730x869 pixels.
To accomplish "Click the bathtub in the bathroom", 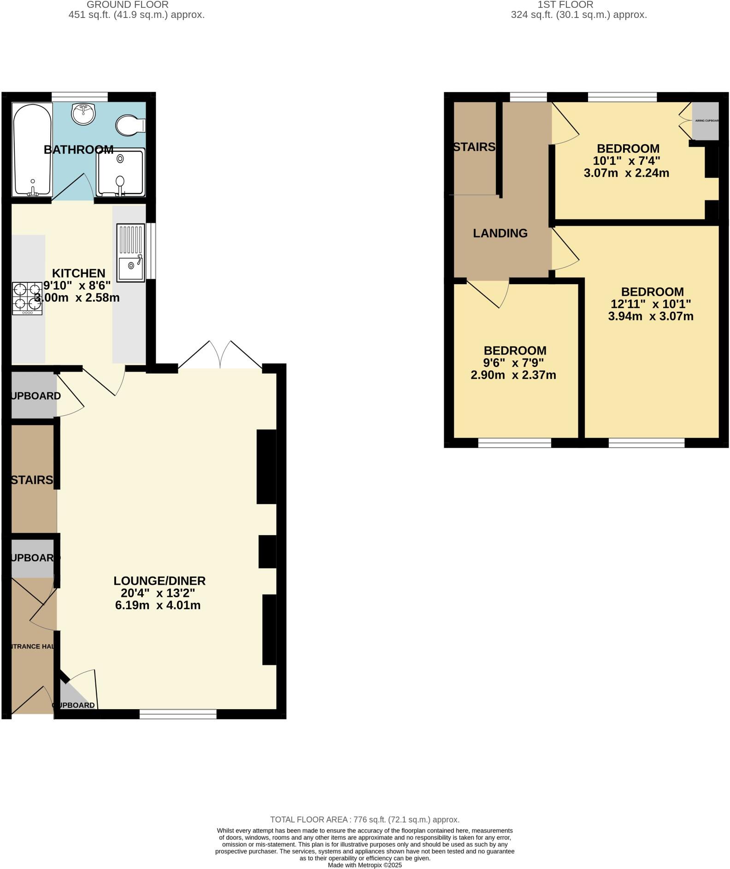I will point(32,150).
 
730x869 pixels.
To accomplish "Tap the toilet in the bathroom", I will point(130,125).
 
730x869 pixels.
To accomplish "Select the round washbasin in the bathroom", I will point(83,113).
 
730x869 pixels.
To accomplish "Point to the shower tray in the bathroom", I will point(120,172).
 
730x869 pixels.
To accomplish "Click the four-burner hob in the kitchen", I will point(27,298).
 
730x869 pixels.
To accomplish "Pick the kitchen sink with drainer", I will point(130,252).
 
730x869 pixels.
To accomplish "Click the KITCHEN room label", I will point(78,273).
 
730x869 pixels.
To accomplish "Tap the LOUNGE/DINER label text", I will point(159,581).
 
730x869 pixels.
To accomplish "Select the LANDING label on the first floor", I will point(500,233).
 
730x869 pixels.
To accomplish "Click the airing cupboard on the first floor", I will point(706,121).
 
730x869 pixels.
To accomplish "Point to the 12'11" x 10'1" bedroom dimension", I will point(651,304).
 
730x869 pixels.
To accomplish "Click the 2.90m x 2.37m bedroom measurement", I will point(513,375).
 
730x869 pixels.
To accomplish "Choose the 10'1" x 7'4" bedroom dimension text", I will point(626,161).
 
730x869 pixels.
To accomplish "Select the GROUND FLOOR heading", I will point(128,5).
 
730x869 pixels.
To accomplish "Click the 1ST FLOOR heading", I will point(565,5).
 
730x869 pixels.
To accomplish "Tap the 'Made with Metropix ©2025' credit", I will point(365,865).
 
